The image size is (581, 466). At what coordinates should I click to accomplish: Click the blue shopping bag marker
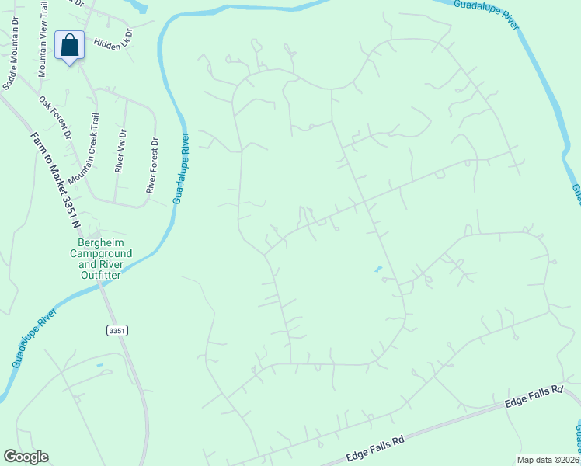[70, 47]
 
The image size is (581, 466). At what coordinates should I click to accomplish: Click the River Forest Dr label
[152, 165]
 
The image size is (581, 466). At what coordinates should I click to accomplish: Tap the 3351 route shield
[117, 331]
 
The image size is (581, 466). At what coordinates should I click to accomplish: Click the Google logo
[26, 457]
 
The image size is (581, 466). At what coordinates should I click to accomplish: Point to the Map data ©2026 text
[548, 460]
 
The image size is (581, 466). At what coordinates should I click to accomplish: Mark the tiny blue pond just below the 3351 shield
[99, 363]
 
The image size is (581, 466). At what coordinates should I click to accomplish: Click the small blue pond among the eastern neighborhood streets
[377, 270]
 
